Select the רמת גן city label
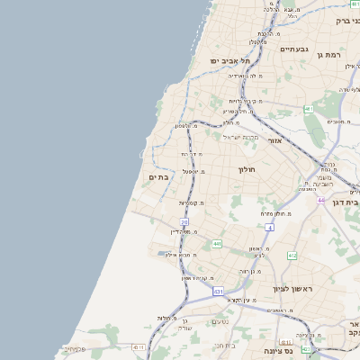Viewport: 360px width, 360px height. pyautogui.click(x=331, y=55)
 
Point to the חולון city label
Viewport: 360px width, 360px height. pyautogui.click(x=247, y=169)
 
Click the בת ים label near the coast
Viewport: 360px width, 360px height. pyautogui.click(x=157, y=177)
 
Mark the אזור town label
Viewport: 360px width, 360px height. pyautogui.click(x=276, y=141)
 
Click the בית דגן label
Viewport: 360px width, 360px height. pyautogui.click(x=346, y=202)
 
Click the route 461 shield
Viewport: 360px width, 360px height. pyautogui.click(x=308, y=109)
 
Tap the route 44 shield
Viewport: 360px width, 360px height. pyautogui.click(x=321, y=200)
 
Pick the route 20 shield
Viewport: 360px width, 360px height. pyautogui.click(x=184, y=221)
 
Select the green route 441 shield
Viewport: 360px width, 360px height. pyautogui.click(x=217, y=244)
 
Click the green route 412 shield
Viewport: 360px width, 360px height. pyautogui.click(x=292, y=256)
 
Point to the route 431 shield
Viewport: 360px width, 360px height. pyautogui.click(x=218, y=292)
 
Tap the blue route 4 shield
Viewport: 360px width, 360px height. pyautogui.click(x=270, y=226)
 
